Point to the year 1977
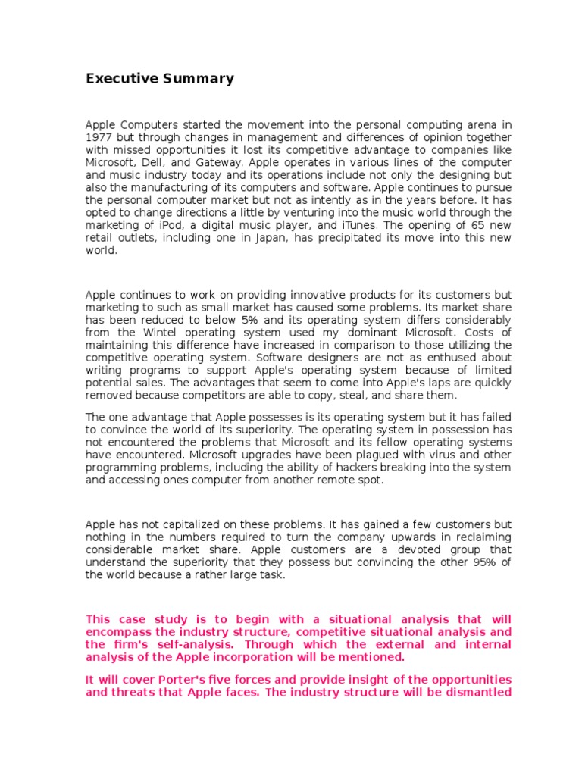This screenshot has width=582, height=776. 99,138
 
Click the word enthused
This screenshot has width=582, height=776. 455,358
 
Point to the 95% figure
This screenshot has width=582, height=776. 483,562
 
